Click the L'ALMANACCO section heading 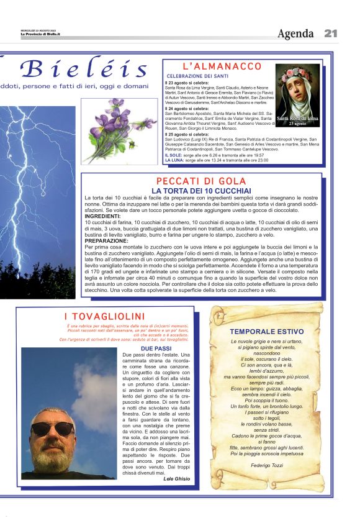click(222, 66)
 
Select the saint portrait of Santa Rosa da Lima click(298, 94)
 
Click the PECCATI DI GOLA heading click(202, 181)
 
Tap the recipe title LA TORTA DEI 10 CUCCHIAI click(202, 190)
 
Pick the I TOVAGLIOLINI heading click(104, 317)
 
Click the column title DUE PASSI click(156, 349)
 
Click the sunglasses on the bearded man click(52, 428)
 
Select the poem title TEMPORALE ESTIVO click(267, 332)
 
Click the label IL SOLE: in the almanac click(174, 155)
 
